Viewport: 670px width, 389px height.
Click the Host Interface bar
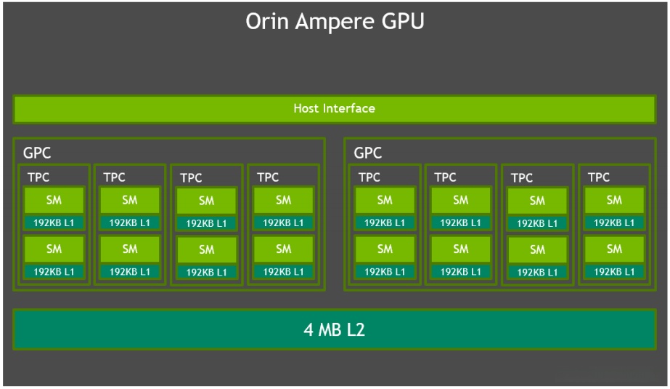[x=334, y=108]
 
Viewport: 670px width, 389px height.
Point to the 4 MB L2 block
[x=334, y=329]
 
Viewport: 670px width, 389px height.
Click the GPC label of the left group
[x=37, y=153]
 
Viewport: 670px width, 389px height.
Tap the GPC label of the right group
[x=368, y=153]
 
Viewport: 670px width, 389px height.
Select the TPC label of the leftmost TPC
[x=38, y=177]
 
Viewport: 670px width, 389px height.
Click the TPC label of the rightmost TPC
[x=599, y=177]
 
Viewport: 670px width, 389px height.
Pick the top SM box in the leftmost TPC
[x=54, y=200]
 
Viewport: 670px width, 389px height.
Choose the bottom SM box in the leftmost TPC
[x=54, y=249]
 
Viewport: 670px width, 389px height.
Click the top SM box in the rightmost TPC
[x=614, y=200]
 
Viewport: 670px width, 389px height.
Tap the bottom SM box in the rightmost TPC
[x=614, y=249]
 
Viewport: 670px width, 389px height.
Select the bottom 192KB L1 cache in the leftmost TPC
[x=54, y=271]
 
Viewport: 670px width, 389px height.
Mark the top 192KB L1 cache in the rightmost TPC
[x=614, y=222]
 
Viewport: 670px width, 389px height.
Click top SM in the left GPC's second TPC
[x=130, y=200]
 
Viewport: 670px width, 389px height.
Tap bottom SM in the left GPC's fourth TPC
[x=283, y=249]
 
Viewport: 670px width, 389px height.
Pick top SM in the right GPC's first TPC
[x=385, y=200]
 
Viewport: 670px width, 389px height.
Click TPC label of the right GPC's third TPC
[x=522, y=177]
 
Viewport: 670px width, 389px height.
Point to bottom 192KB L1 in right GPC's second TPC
[x=461, y=271]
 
